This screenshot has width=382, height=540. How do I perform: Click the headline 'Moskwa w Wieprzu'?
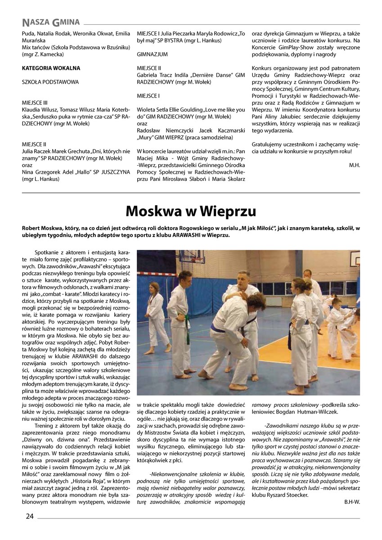coord(191,211)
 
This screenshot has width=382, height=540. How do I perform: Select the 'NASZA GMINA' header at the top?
coord(50,22)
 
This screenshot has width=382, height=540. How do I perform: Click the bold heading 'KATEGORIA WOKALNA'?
coord(51,68)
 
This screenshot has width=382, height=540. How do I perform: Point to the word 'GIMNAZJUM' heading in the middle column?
coord(152,54)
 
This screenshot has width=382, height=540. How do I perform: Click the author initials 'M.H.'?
coord(355,165)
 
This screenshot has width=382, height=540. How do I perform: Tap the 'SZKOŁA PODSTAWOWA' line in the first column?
coord(50,82)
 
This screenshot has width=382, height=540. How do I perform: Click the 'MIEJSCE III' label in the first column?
coord(34,103)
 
